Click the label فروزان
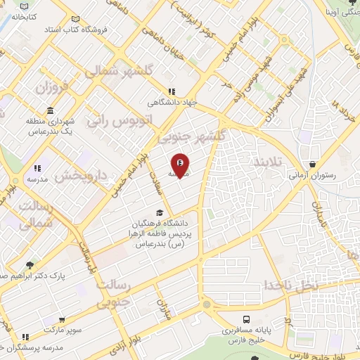(50, 89)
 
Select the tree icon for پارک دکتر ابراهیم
(29, 265)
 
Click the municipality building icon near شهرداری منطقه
(51, 111)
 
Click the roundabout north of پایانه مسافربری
(206, 304)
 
